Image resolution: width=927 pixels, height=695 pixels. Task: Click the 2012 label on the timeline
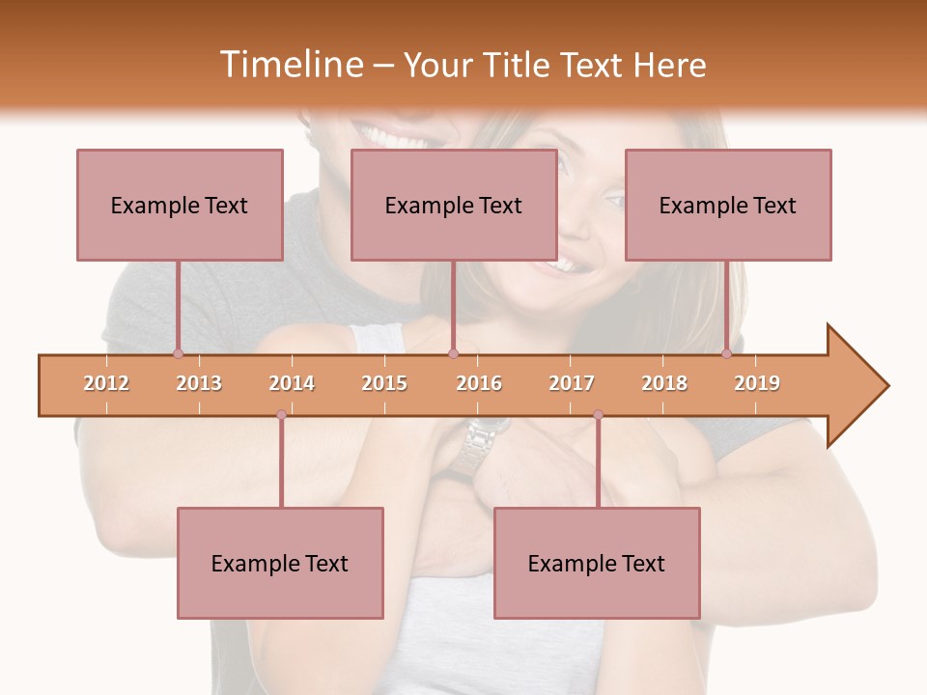point(106,383)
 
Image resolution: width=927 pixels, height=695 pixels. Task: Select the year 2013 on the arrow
point(199,383)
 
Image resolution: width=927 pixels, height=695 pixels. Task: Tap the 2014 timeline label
point(292,383)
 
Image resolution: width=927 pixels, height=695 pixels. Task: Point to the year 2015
point(384,383)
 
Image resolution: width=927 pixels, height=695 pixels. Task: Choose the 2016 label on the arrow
point(479,383)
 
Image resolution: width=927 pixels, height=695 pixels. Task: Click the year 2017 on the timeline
point(572,383)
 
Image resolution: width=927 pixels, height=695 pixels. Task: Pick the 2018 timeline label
point(664,383)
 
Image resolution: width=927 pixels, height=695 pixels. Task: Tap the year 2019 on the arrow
point(757,383)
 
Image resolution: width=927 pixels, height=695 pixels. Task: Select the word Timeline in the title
point(290,65)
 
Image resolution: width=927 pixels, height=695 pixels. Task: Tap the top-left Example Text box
point(180,205)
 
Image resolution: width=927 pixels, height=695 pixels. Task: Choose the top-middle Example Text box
point(454,205)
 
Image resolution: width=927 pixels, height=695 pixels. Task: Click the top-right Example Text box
point(728,205)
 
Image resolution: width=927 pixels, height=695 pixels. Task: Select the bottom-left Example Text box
point(280,563)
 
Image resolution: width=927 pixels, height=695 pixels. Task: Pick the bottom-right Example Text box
point(597,563)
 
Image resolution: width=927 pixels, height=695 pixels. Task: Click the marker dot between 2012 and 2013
point(178,354)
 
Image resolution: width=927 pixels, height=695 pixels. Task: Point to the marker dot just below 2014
point(281,415)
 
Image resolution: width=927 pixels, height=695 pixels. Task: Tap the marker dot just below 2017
point(598,415)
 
